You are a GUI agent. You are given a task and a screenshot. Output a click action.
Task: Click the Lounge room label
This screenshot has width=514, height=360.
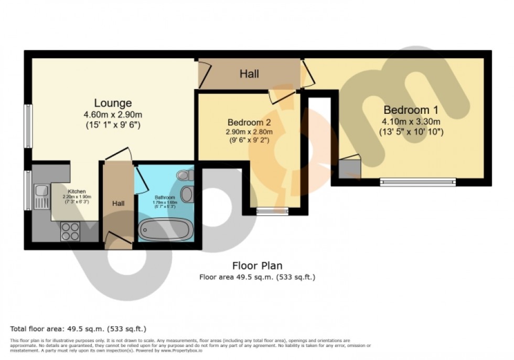(113, 103)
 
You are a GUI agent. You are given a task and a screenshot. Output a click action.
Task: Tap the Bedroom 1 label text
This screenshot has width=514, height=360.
(411, 110)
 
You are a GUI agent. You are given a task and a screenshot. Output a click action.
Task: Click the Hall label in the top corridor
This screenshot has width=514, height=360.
(249, 74)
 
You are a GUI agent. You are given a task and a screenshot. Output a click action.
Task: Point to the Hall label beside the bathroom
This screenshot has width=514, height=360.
(117, 203)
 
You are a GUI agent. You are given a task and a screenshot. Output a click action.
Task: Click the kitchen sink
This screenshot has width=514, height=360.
(41, 196)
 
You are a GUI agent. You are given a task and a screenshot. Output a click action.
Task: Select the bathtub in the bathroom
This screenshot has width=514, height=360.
(164, 229)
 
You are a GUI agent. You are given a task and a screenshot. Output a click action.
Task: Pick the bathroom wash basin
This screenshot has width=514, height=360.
(186, 194)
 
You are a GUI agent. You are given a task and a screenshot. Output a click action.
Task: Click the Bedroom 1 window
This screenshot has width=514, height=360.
(418, 182)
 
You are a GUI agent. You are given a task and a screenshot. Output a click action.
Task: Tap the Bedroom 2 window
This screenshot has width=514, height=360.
(272, 211)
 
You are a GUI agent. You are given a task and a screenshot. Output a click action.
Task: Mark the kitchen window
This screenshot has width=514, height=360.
(27, 188)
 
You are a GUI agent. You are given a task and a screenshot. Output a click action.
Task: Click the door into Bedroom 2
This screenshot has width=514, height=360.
(281, 95)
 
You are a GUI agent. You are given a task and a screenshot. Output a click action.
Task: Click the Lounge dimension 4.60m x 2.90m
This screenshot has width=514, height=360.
(113, 115)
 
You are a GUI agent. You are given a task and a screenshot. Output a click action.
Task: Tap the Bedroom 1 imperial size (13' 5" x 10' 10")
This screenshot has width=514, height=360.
(411, 132)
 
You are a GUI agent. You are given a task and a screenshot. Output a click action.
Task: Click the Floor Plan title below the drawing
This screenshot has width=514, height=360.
(257, 266)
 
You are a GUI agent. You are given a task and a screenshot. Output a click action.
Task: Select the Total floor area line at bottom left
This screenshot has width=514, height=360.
(78, 329)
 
